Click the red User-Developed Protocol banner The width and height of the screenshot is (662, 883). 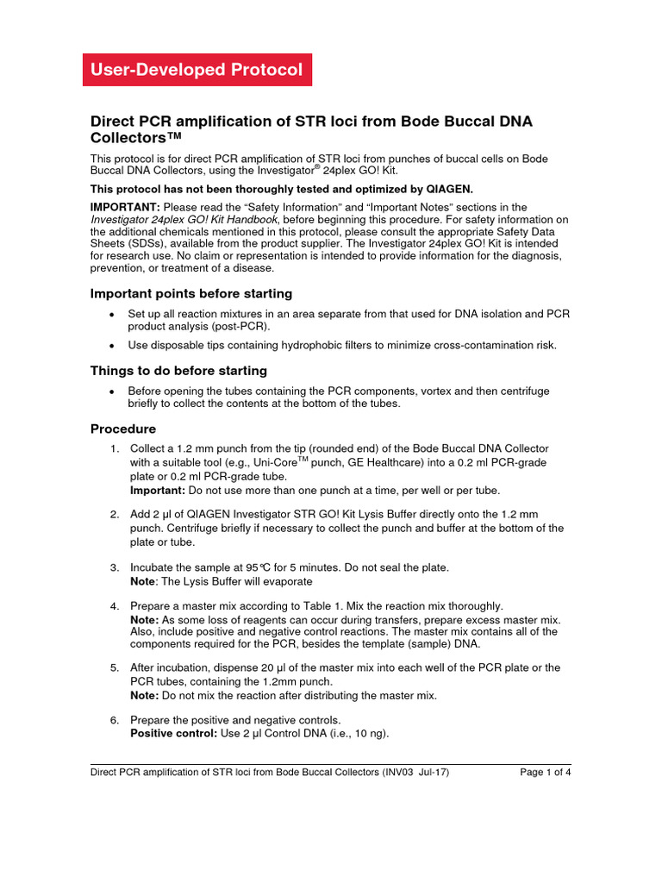[197, 70]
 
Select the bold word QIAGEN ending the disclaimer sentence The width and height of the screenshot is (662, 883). [447, 189]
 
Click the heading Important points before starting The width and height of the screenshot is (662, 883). [191, 293]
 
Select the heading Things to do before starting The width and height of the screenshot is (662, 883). [178, 371]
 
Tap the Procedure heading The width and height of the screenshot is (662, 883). [123, 429]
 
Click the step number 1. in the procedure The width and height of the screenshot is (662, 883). [115, 449]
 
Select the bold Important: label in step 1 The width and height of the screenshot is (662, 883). [157, 490]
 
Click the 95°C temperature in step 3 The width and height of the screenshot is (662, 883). [272, 567]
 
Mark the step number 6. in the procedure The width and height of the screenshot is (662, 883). [115, 720]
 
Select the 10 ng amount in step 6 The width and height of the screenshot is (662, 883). [370, 734]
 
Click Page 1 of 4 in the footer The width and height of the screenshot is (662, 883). [546, 773]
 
